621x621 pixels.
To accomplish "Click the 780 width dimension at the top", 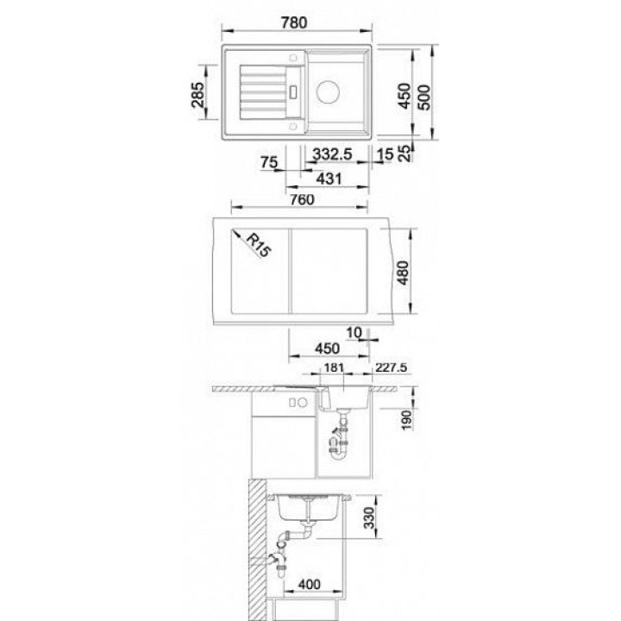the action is [294, 22].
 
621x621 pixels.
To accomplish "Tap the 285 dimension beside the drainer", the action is [198, 95].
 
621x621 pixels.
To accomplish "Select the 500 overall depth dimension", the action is [424, 97].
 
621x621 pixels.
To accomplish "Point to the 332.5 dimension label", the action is [332, 154].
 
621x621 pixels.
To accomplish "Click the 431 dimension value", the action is [329, 179].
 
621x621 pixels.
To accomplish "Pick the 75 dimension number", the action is [269, 162].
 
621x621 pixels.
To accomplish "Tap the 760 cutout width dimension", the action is [302, 199].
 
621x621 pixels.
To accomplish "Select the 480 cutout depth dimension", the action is [404, 273].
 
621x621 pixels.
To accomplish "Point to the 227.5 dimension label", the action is [392, 367].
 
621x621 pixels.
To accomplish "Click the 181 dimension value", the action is [334, 367].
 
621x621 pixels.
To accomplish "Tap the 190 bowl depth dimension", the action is [407, 420].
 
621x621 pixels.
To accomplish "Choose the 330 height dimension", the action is [369, 517].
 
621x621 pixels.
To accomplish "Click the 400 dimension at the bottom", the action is [310, 584].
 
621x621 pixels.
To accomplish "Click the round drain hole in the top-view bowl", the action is [328, 92].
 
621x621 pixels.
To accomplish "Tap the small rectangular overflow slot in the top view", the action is [293, 92].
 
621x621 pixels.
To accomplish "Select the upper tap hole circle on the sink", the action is [293, 58].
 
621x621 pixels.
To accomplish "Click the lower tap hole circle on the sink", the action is [293, 126].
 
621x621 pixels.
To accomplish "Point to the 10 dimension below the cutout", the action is [354, 333].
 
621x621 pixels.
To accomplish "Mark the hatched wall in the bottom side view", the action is [258, 549].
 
